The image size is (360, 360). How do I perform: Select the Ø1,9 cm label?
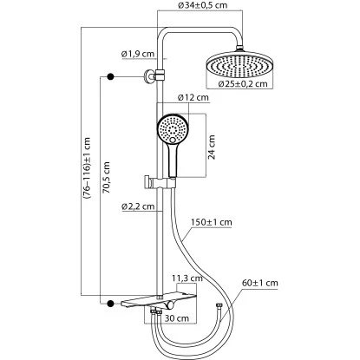(137, 54)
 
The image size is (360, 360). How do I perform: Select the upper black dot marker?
(110, 77)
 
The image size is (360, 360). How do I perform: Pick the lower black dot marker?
(110, 302)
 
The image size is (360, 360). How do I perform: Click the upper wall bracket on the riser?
(153, 76)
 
